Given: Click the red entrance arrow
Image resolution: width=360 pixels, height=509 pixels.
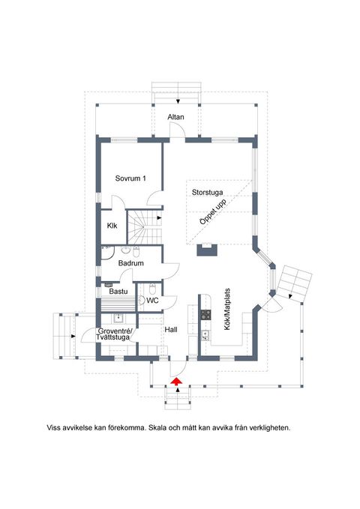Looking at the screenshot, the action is point(176,381).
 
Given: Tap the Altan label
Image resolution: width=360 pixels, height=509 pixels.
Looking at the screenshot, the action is point(175,117).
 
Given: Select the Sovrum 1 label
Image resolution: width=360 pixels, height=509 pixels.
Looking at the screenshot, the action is point(130,178).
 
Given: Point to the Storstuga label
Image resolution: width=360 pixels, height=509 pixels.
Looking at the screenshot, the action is point(207,192).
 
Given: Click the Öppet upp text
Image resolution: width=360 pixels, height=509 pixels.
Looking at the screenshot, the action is point(213,212).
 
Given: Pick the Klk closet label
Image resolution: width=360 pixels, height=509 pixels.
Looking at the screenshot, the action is point(112,226).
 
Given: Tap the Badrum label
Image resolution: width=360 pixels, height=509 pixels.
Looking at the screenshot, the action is point(131,263).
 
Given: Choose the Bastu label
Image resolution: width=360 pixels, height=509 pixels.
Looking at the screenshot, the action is point(118,291).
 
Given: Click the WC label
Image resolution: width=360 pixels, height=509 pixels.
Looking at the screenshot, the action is point(152,301).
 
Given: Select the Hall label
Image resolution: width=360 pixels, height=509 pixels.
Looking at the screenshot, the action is point(171,330).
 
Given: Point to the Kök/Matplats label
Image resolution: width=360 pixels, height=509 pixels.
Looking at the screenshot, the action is point(227,309).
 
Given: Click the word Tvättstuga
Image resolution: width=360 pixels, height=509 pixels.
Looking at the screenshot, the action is point(112,337).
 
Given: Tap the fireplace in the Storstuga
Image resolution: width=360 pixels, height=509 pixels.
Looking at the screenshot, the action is point(207,250).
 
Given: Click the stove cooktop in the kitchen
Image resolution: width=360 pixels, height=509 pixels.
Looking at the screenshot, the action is point(205,315).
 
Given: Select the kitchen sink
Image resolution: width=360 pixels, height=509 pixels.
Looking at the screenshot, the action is point(205,335).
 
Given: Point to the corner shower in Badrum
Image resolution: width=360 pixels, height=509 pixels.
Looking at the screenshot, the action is point(107,252).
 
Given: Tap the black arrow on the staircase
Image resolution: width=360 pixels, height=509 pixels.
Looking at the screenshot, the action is point(159,217).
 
